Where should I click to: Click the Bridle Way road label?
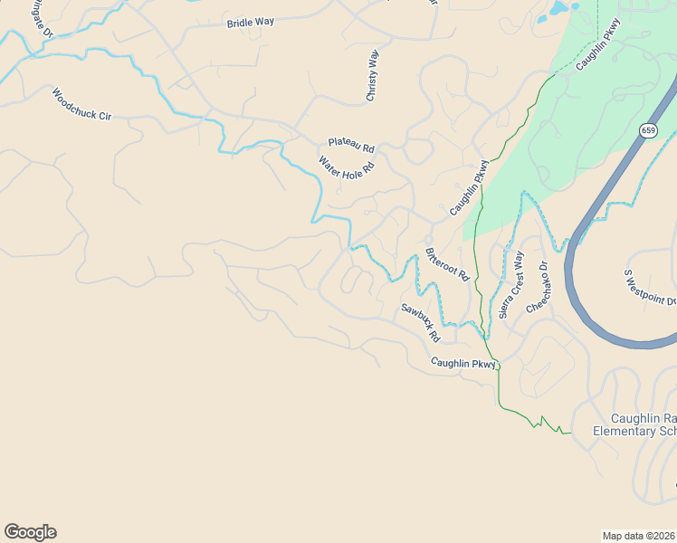pyautogui.click(x=251, y=23)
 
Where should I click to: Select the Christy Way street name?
pyautogui.click(x=372, y=76)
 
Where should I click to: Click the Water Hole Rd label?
pyautogui.click(x=346, y=167)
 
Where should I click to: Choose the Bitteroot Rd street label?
pyautogui.click(x=446, y=262)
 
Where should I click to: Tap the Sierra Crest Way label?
pyautogui.click(x=511, y=284)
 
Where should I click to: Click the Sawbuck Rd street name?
pyautogui.click(x=421, y=321)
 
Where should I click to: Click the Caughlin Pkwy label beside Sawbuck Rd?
pyautogui.click(x=463, y=363)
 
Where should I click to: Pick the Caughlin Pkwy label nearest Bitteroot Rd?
pyautogui.click(x=469, y=187)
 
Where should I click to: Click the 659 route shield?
pyautogui.click(x=647, y=130)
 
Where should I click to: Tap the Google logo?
pyautogui.click(x=30, y=532)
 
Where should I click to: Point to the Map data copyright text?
pyautogui.click(x=639, y=535)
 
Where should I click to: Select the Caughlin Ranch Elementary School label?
pyautogui.click(x=634, y=424)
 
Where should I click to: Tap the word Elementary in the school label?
pyautogui.click(x=623, y=431)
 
